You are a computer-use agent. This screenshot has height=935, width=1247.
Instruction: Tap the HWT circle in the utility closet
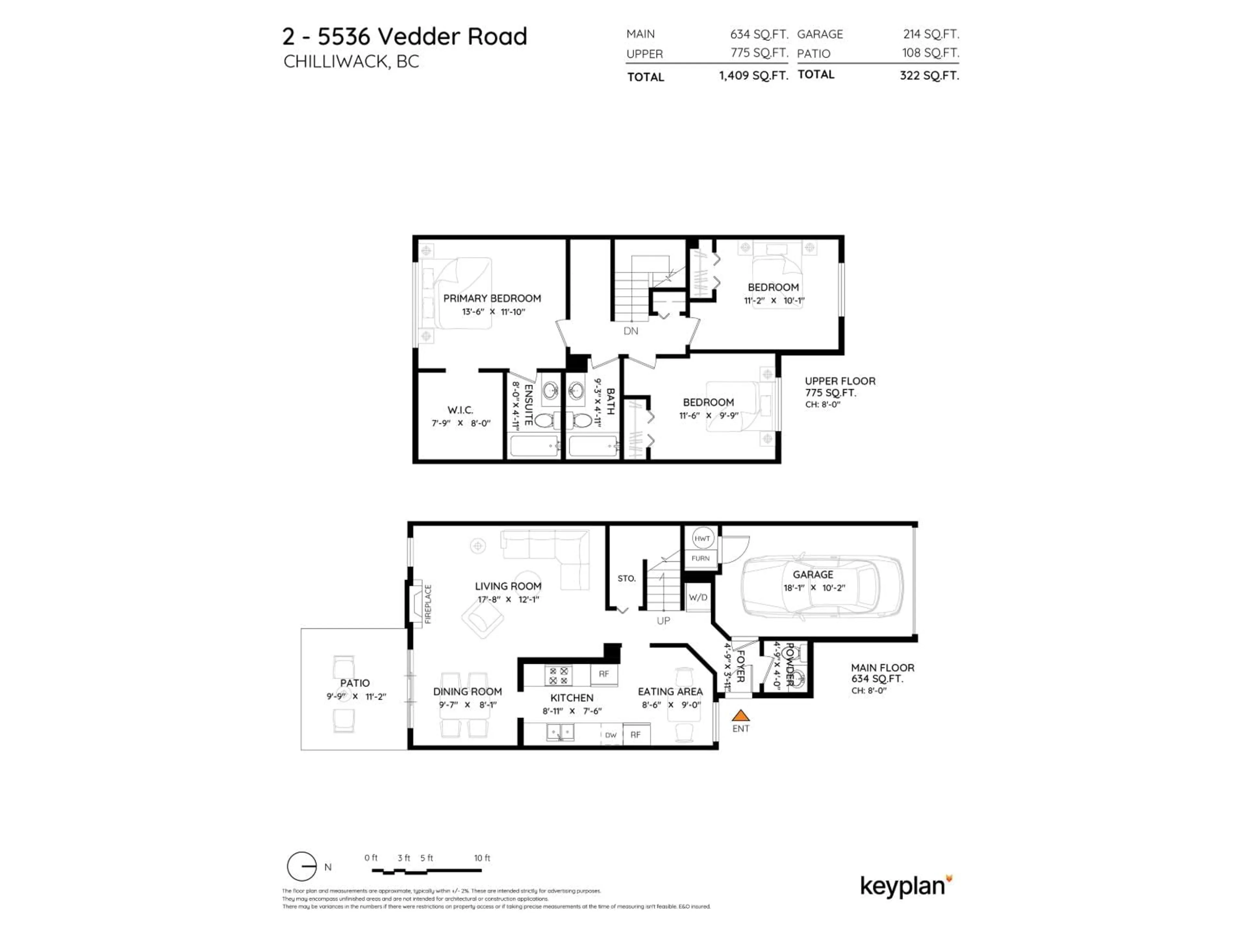(702, 538)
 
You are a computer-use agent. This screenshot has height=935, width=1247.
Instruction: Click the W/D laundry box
(698, 597)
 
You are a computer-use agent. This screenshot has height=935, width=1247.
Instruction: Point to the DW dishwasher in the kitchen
(611, 735)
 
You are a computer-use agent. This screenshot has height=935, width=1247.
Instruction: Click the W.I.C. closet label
(460, 410)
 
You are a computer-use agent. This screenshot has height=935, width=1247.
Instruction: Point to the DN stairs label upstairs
(631, 331)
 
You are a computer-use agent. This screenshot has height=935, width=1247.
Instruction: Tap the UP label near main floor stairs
(663, 620)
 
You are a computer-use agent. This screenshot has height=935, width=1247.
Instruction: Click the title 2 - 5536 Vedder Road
(405, 37)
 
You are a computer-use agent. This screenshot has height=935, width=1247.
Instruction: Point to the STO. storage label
(626, 578)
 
